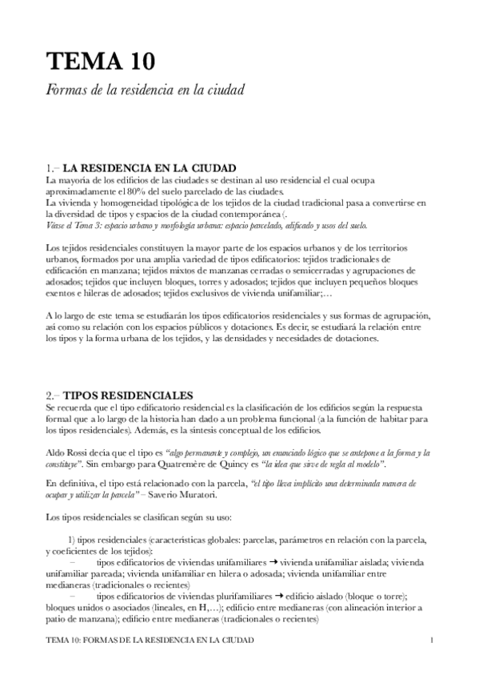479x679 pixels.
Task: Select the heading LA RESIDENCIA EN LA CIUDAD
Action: tap(150, 169)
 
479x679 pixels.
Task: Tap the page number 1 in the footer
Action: tap(431, 641)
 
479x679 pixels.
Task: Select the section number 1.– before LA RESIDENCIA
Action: tap(53, 169)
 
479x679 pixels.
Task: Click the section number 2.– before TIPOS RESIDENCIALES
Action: tap(53, 395)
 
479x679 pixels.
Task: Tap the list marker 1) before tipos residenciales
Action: tap(72, 540)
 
